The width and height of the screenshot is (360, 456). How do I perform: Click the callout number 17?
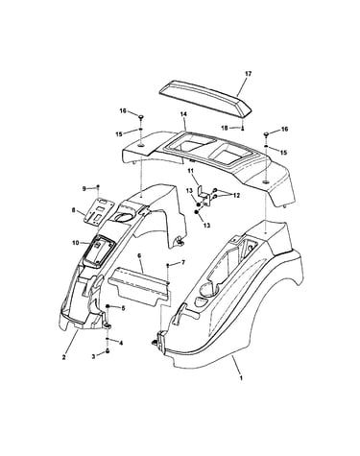click(248, 74)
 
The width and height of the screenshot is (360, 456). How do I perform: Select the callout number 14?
click(183, 114)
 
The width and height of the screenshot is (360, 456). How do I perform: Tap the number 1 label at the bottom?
click(241, 378)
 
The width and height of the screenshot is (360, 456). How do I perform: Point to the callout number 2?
click(63, 357)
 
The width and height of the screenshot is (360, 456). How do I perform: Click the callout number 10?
click(76, 243)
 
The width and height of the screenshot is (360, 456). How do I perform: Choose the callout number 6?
click(139, 255)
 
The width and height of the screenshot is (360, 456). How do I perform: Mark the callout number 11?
click(191, 172)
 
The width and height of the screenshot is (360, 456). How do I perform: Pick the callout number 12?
click(237, 196)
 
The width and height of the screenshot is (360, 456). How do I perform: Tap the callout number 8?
click(74, 210)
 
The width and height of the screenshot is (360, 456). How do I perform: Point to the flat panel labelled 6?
click(138, 286)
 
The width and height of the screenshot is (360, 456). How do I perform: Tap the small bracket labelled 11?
click(204, 194)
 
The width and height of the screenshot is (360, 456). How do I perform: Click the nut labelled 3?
click(108, 351)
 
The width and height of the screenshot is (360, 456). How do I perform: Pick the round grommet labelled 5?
click(108, 307)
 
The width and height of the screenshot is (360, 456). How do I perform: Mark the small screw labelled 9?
click(98, 186)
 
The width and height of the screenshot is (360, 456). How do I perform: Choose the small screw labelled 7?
click(168, 265)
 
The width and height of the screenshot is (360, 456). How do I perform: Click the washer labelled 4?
click(108, 340)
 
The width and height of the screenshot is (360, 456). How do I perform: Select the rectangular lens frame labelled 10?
click(97, 251)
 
